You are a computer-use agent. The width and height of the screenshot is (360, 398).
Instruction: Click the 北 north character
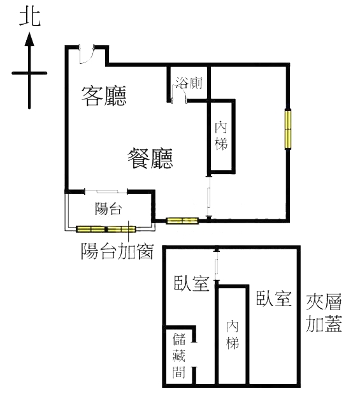[30, 18]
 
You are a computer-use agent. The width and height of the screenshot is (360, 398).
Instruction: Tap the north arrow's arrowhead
[29, 40]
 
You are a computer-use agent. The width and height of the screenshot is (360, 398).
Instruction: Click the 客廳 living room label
[104, 96]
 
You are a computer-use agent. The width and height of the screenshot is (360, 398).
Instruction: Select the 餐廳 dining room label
[150, 159]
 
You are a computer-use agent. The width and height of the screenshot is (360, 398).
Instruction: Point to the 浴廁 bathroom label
[189, 83]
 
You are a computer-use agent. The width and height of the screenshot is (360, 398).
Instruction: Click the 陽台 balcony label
[108, 209]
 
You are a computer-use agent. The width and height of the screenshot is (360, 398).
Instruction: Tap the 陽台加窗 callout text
[117, 251]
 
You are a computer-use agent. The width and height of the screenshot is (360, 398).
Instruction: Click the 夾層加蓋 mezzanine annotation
[324, 313]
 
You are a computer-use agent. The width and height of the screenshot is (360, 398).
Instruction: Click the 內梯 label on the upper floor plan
[221, 136]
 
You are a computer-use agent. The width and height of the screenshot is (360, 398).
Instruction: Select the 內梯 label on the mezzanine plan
[233, 335]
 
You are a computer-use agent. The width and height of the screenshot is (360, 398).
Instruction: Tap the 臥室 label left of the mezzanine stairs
[192, 283]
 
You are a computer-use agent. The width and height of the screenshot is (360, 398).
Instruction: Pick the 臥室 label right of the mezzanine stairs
[273, 298]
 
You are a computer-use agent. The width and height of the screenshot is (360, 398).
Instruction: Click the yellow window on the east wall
[288, 129]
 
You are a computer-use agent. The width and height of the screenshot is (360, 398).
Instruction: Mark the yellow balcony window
[106, 229]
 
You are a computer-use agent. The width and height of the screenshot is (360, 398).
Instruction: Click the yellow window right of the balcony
[182, 221]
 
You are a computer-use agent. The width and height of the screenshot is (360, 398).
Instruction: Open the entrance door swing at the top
[86, 55]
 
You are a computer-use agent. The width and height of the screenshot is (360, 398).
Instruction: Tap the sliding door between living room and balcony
[106, 191]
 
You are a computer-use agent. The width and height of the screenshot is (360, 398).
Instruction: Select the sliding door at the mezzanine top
[216, 265]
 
